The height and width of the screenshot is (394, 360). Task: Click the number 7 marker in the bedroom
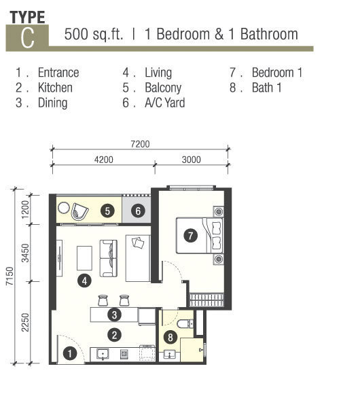click(190, 236)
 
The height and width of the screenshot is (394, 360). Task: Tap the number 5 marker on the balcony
click(107, 211)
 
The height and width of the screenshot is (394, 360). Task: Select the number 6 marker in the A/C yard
click(138, 211)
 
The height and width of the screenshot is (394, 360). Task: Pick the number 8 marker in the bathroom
click(170, 337)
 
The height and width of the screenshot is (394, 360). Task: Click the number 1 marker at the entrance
click(69, 353)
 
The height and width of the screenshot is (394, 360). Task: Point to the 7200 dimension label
click(140, 144)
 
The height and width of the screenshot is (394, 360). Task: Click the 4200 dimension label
click(103, 160)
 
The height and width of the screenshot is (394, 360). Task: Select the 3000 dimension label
click(191, 160)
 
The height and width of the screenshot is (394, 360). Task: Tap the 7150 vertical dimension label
click(10, 276)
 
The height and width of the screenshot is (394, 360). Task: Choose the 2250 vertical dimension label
click(25, 323)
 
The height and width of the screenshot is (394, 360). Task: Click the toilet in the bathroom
click(185, 323)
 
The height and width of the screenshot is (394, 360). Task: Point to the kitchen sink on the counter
click(103, 354)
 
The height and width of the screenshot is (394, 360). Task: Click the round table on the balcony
click(64, 208)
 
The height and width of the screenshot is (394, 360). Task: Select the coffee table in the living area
click(84, 258)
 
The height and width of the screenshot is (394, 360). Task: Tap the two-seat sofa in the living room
click(109, 258)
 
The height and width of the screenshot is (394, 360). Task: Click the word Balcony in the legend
click(163, 88)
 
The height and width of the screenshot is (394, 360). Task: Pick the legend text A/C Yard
click(165, 103)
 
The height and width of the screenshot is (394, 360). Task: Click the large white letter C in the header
click(27, 37)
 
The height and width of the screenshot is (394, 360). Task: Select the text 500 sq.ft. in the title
click(94, 34)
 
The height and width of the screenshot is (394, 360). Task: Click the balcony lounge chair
click(79, 211)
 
